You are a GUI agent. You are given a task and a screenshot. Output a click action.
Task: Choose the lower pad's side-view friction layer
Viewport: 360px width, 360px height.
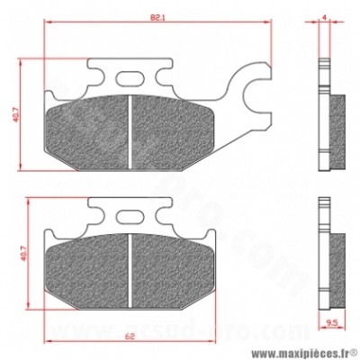click(337, 264)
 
